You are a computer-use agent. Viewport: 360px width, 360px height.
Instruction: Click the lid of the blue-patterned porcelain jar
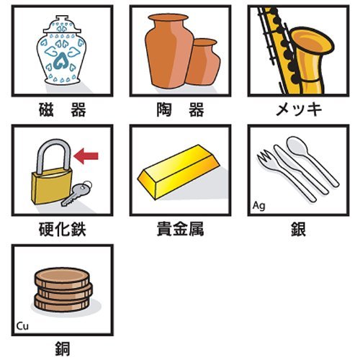(x=62, y=24)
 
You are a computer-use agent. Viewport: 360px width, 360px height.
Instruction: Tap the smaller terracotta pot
(x=204, y=62)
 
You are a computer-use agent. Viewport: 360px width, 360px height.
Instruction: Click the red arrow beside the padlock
(x=86, y=156)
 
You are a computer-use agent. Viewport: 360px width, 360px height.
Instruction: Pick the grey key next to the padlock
(x=76, y=194)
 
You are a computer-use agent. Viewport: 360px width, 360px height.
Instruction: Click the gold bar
(x=179, y=171)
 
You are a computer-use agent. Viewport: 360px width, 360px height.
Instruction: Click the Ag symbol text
(x=258, y=206)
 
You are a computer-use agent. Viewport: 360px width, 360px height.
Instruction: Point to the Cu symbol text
(x=22, y=326)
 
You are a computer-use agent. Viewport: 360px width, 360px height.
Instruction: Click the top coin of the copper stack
(x=62, y=278)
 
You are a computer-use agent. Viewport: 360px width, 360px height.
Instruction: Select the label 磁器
(x=63, y=109)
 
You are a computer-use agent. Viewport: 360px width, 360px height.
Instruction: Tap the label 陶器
(x=180, y=109)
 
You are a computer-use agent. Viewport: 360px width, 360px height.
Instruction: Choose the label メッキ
(x=299, y=109)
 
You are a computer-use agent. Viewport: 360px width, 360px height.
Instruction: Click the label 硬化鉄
(x=63, y=229)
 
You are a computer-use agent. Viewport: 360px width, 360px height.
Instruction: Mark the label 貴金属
(x=180, y=229)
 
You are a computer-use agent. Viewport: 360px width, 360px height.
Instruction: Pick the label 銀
(x=298, y=229)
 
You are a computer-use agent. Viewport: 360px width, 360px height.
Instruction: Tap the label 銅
(x=63, y=348)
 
